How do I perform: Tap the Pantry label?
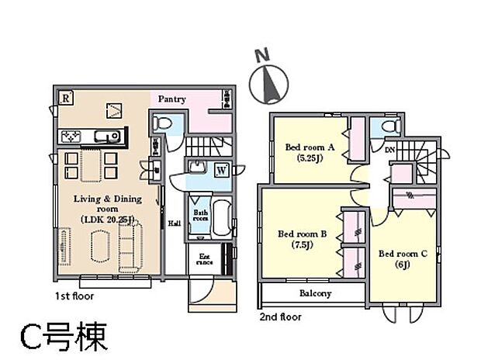[172, 99]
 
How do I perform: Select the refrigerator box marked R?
[67, 98]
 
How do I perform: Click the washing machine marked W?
[221, 170]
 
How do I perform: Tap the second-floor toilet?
[386, 126]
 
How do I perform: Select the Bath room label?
[200, 216]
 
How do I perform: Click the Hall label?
[175, 224]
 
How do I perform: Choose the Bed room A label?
[310, 147]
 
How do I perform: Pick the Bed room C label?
[403, 254]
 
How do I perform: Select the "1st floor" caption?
[75, 296]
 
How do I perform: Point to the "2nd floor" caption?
[281, 317]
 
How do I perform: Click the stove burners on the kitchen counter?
[70, 137]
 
